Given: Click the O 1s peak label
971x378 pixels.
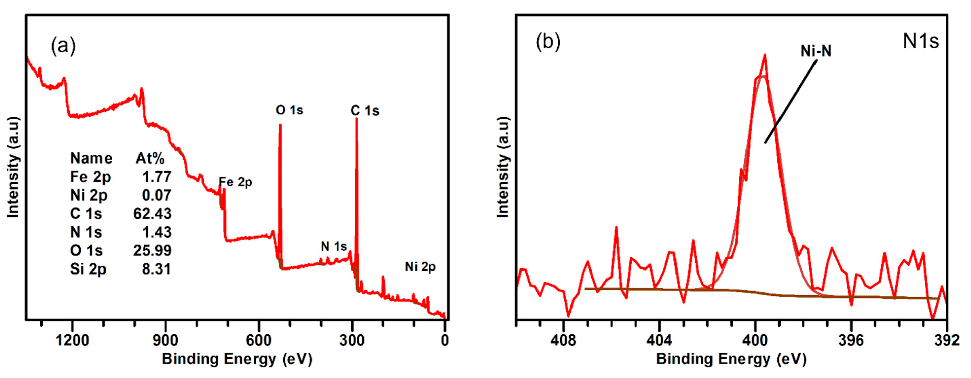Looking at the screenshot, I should tap(289, 110).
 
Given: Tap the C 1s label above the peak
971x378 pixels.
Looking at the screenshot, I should tap(365, 111).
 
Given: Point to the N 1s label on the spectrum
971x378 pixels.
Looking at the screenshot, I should tap(334, 246).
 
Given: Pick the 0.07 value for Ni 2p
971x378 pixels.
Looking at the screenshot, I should tap(157, 195).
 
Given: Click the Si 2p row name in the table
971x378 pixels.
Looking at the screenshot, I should tap(88, 269).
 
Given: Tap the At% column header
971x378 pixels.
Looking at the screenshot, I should tap(150, 158).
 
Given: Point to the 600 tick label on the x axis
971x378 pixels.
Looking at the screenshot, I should tap(258, 340).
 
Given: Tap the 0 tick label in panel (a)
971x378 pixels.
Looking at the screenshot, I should tap(445, 340).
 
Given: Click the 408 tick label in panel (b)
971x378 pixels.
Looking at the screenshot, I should tap(563, 340).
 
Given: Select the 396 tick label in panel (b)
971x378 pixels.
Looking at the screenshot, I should tap(851, 340).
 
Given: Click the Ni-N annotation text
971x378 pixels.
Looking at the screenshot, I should tap(816, 51).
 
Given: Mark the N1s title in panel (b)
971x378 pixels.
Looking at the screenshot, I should tap(921, 42).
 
